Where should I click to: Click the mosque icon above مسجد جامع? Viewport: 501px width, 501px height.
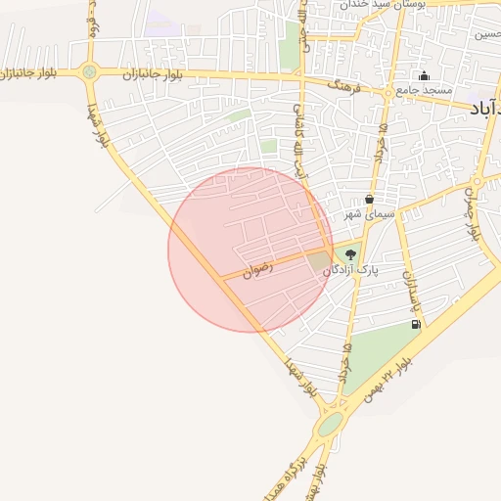(x=424, y=76)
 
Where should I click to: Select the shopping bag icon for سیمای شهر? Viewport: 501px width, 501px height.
(x=368, y=199)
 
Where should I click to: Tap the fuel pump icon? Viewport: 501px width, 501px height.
(x=417, y=325)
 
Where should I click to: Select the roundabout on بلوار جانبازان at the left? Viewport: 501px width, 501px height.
(x=90, y=71)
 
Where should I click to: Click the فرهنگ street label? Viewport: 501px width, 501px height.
(x=345, y=87)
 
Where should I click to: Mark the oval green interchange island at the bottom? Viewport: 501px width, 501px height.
(x=331, y=425)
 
